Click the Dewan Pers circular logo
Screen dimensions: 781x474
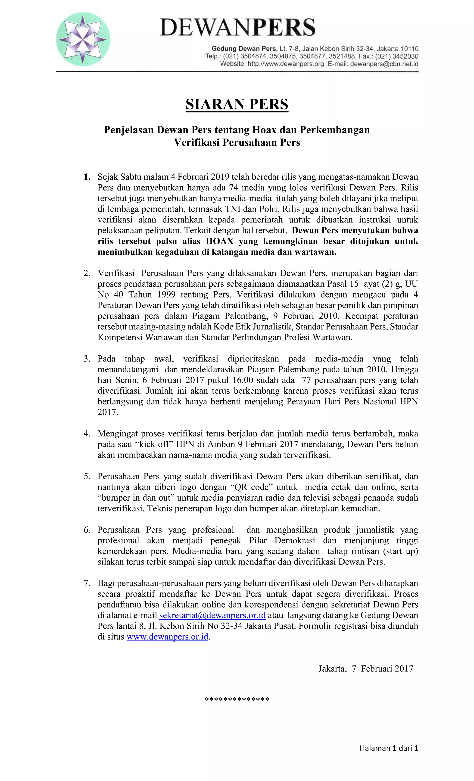pos(83,39)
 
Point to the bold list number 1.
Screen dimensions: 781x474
pos(87,177)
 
